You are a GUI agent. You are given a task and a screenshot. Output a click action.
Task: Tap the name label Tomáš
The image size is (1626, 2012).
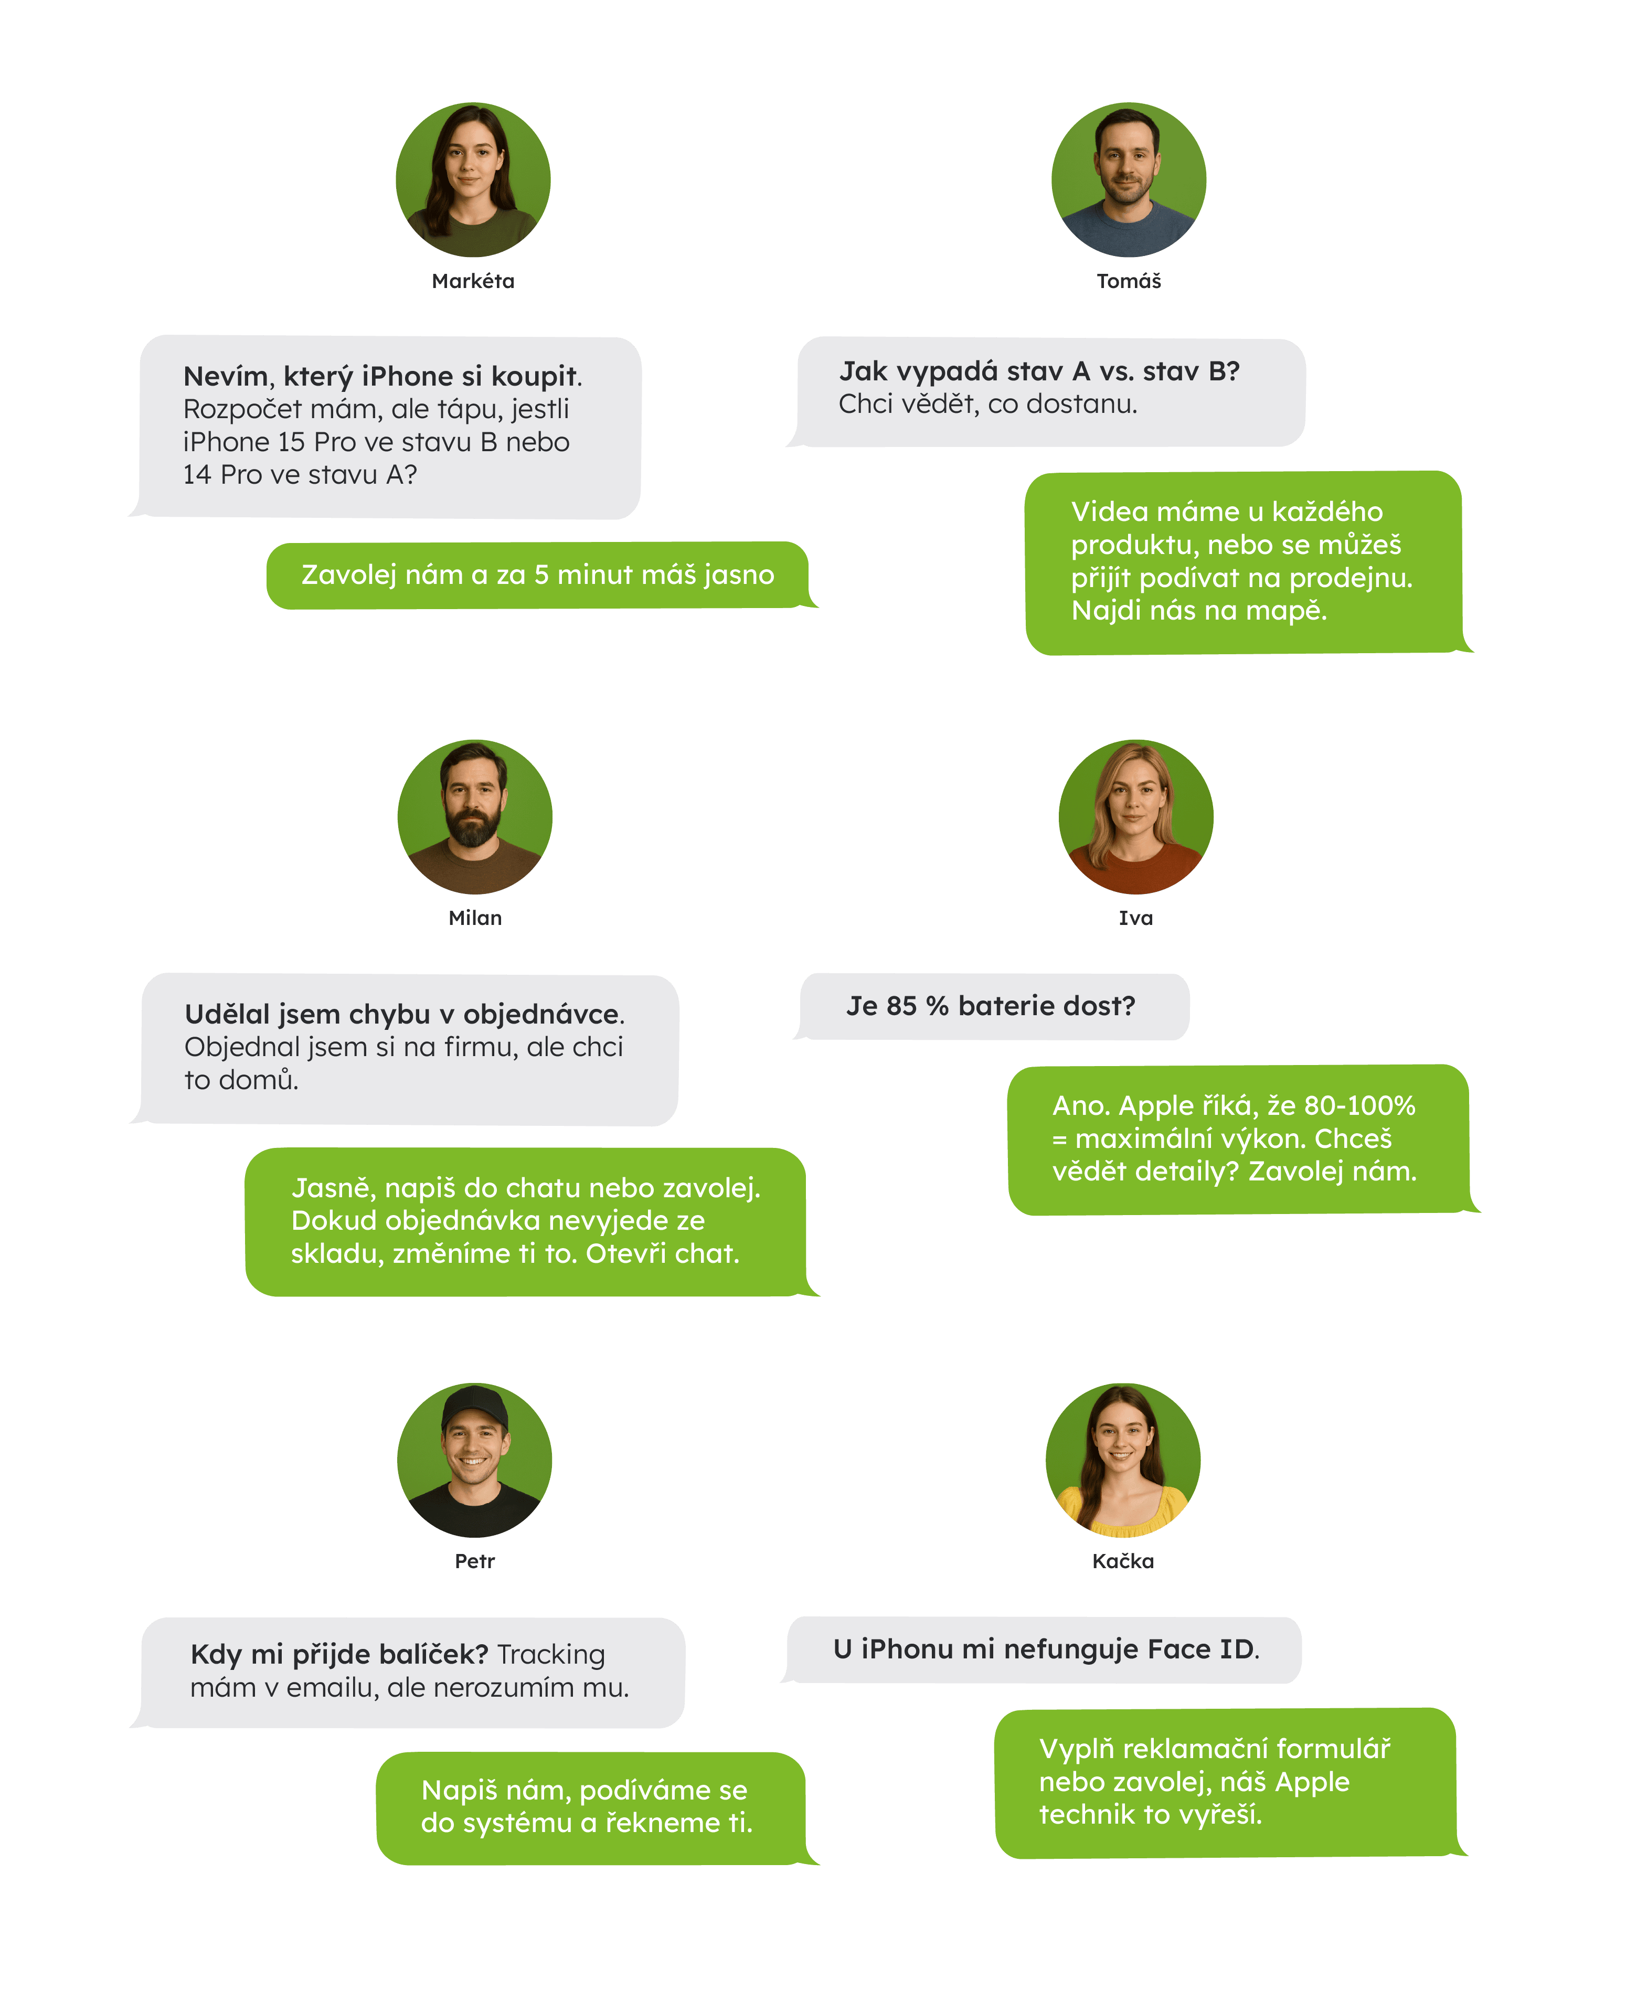click(x=1129, y=281)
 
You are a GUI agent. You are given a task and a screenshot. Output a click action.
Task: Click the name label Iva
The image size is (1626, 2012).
click(x=1135, y=918)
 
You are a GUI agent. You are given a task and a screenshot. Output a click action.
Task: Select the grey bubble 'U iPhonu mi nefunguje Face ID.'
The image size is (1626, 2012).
click(x=1044, y=1649)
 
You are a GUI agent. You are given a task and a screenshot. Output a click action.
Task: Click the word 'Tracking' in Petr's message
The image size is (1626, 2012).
click(x=551, y=1654)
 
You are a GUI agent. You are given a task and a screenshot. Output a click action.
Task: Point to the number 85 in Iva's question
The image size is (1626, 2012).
click(x=901, y=1006)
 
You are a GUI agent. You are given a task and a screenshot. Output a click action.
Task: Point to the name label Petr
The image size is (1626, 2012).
click(x=474, y=1560)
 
